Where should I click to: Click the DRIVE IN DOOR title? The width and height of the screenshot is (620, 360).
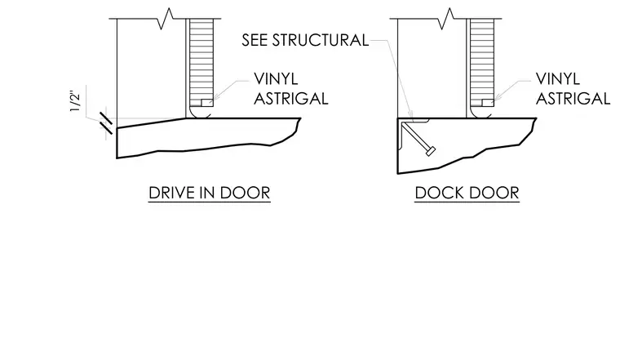[210, 193]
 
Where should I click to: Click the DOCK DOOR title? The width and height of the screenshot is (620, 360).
[467, 193]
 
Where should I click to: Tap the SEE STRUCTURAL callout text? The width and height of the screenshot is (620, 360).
[305, 40]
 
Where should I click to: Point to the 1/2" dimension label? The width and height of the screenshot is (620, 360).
[75, 102]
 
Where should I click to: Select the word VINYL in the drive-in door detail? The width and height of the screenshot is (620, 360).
[276, 79]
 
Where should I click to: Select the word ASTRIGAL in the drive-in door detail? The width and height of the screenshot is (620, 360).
[291, 99]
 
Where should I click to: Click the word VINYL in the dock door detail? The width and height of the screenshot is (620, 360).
[557, 79]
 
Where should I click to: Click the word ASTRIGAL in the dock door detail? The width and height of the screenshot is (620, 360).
[573, 99]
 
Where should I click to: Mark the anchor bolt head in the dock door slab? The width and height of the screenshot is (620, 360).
[431, 151]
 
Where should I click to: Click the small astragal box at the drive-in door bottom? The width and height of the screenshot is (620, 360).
[207, 103]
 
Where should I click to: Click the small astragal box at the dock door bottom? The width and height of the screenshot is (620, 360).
[488, 103]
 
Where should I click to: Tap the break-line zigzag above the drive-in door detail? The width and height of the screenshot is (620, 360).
[166, 19]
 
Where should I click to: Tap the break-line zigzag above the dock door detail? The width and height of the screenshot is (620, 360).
[445, 19]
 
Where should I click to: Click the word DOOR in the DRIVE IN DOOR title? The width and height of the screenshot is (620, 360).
[246, 193]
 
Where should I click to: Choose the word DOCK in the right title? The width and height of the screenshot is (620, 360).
[439, 193]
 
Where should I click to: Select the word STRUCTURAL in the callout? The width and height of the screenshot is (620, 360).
[321, 40]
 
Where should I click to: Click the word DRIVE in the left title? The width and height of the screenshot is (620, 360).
[171, 193]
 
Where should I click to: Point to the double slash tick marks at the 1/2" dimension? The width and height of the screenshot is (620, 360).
[106, 123]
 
